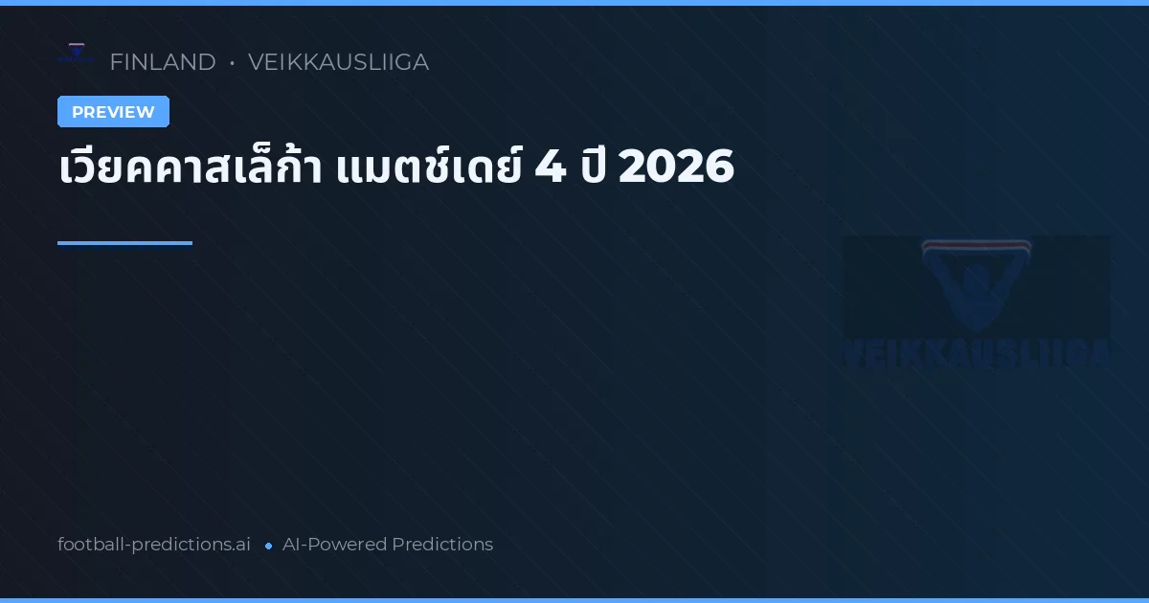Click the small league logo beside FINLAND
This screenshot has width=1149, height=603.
pyautogui.click(x=77, y=54)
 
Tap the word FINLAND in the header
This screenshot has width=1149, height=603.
pyautogui.click(x=163, y=62)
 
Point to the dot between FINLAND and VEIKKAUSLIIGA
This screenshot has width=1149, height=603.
pyautogui.click(x=232, y=63)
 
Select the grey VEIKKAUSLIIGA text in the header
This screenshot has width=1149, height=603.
pyautogui.click(x=338, y=62)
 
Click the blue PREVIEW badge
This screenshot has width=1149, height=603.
pyautogui.click(x=113, y=112)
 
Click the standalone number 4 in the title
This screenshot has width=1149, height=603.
pyautogui.click(x=551, y=168)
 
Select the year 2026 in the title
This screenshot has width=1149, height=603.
pyautogui.click(x=676, y=168)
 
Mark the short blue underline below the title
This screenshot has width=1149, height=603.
pyautogui.click(x=124, y=243)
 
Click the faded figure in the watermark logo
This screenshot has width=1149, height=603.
pyautogui.click(x=976, y=292)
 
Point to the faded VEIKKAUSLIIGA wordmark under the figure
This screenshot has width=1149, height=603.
pyautogui.click(x=976, y=352)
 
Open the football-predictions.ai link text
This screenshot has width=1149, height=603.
pyautogui.click(x=154, y=545)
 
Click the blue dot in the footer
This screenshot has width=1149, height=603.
pyautogui.click(x=268, y=546)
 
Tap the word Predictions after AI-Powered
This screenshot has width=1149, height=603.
pyautogui.click(x=442, y=545)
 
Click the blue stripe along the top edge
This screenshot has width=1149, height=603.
pyautogui.click(x=574, y=3)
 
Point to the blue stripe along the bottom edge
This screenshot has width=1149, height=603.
pyautogui.click(x=574, y=600)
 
